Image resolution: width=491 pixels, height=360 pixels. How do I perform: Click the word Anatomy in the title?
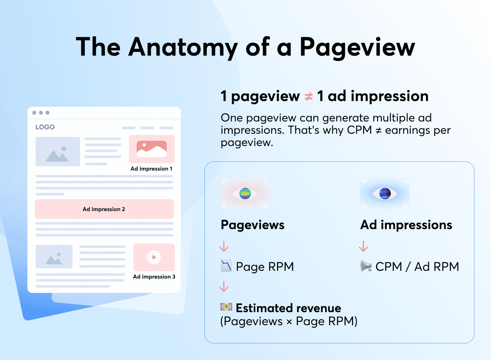(183, 47)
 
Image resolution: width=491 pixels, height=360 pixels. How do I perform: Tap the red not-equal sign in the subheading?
(309, 97)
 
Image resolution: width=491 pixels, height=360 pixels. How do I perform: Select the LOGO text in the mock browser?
(45, 127)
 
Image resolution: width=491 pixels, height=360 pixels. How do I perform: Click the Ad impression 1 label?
(151, 169)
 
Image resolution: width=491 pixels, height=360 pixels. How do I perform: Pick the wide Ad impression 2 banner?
(104, 209)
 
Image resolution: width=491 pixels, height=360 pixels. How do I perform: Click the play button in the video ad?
(154, 257)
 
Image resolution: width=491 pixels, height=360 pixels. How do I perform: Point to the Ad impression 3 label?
(154, 277)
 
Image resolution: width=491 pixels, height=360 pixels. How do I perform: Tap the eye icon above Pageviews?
(245, 193)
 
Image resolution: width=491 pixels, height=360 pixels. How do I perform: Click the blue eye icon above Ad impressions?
(385, 193)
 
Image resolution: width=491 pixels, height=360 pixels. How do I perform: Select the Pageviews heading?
(252, 225)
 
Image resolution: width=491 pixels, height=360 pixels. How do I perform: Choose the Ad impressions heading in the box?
(406, 225)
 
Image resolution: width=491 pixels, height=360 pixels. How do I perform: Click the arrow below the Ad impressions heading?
(363, 246)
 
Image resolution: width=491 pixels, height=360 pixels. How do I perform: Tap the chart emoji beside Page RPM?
(226, 265)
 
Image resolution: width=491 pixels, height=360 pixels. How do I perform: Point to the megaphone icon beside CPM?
(366, 265)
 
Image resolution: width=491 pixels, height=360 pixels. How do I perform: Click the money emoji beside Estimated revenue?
(226, 307)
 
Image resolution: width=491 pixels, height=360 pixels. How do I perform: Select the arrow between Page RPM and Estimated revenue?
(224, 286)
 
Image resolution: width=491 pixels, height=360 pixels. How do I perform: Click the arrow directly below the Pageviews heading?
(224, 246)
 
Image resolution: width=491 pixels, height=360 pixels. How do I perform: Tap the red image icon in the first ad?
(152, 149)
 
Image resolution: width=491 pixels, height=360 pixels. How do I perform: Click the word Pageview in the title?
(357, 47)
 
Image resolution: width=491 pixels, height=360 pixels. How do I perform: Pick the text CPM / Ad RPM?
(417, 267)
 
